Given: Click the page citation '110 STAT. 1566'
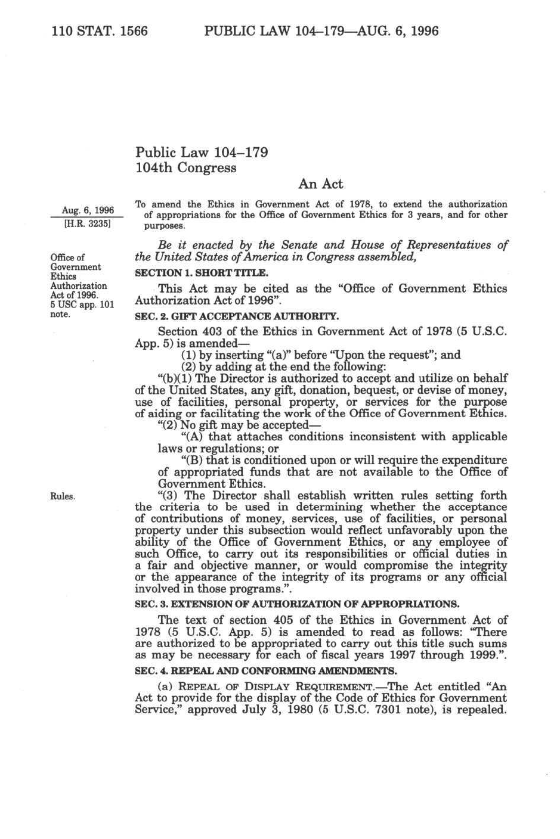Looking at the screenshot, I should pos(100,30).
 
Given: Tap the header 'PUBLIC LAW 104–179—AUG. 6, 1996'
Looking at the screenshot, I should pos(321,30).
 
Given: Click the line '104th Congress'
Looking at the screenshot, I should pos(186,168).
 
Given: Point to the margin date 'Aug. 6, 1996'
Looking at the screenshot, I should pos(88,210).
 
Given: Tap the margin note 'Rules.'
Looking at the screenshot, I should pos(63,496).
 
